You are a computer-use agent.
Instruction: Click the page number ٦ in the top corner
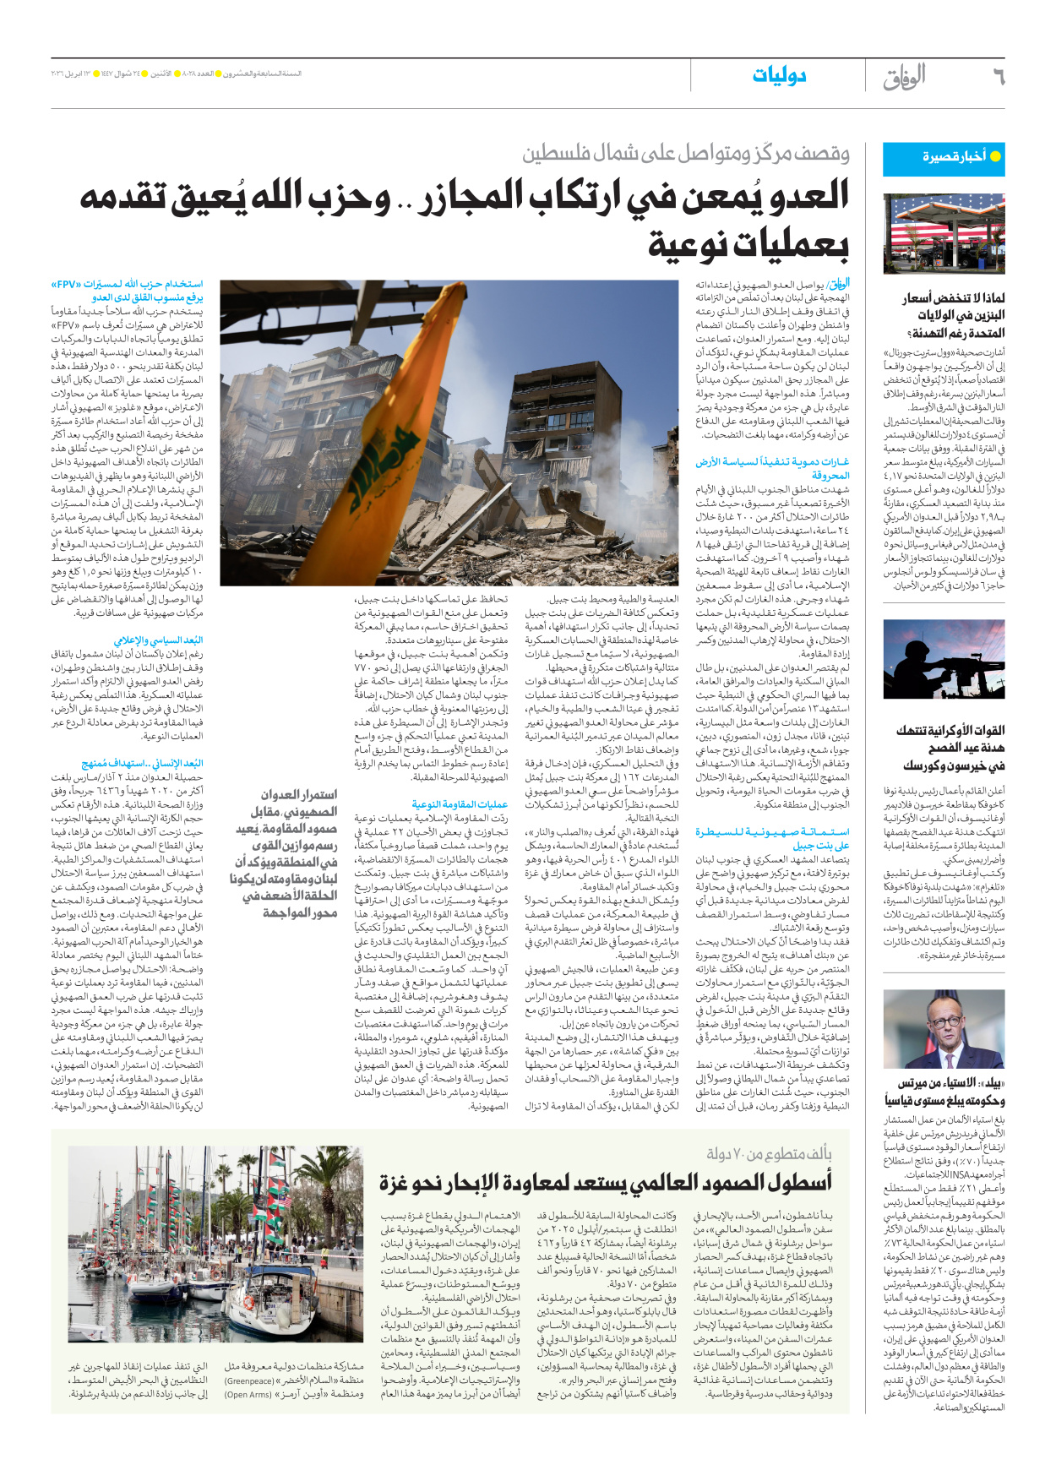click(998, 77)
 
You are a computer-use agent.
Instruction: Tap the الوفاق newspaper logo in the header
click(905, 77)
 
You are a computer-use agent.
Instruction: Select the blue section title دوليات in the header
click(779, 76)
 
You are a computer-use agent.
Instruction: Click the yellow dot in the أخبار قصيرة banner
click(995, 156)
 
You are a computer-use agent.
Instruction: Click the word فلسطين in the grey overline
click(558, 154)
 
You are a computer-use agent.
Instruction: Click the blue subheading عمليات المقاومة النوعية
click(460, 803)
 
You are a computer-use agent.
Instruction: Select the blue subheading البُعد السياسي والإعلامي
click(158, 640)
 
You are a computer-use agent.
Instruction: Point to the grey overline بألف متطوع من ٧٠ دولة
click(769, 1153)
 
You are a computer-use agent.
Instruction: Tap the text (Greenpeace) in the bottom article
click(249, 1381)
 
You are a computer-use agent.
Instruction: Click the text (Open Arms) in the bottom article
click(249, 1394)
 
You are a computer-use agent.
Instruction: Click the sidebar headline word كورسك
click(926, 765)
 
